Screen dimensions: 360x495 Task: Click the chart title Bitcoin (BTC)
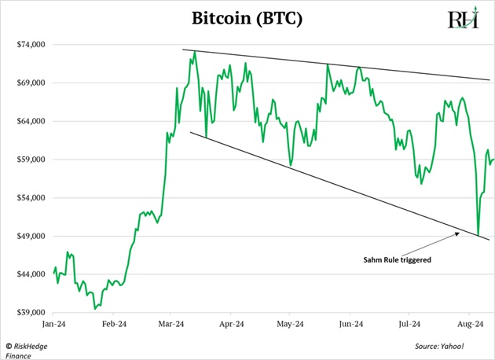click(247, 18)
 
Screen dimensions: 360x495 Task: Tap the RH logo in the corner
click(463, 19)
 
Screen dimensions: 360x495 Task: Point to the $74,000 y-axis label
click(31, 44)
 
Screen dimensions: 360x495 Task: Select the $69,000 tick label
click(31, 83)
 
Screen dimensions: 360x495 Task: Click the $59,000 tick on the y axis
click(31, 160)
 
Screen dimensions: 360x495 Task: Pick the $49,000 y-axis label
click(31, 237)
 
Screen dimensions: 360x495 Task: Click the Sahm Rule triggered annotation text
click(396, 259)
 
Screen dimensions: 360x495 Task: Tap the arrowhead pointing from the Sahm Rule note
click(459, 233)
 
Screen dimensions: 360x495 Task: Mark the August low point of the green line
click(478, 235)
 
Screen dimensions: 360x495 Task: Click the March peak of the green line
click(194, 52)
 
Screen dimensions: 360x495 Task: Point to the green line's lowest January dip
click(95, 308)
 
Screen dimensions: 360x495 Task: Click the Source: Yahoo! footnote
click(440, 346)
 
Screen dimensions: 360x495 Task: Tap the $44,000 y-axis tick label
click(31, 274)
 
